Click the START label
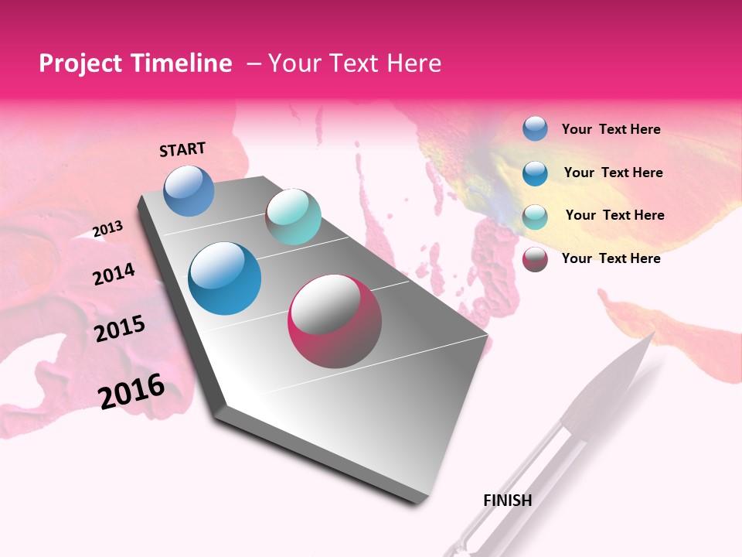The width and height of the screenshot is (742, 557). pos(182,149)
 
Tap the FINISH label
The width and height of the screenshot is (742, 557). pos(507,501)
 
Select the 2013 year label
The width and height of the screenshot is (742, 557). pos(107,229)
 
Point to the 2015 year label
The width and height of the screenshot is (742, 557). pos(120,329)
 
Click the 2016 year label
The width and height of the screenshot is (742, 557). pos(131,391)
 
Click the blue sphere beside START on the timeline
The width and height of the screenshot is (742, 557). pos(189,190)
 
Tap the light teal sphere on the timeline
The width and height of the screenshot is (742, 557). pos(293,217)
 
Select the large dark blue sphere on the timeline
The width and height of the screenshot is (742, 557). pos(224,278)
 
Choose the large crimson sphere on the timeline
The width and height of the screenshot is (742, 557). pos(335,321)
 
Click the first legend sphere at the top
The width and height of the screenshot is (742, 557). pos(535,129)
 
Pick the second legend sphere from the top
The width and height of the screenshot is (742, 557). pos(535,173)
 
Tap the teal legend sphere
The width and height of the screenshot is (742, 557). pos(535,216)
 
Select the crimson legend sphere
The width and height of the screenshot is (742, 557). pos(535,259)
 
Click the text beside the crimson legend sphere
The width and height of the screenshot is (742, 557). pos(611,258)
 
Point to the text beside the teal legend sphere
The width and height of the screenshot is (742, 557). pos(614,215)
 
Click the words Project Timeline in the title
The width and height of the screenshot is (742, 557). pos(135,63)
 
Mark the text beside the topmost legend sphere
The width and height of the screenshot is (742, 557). pos(611,129)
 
